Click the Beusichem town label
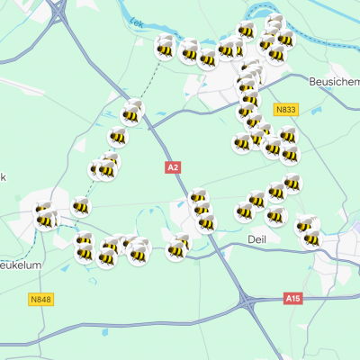click(x=332, y=80)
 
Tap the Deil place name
click(x=256, y=238)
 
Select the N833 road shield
click(x=286, y=110)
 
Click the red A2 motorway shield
click(x=174, y=166)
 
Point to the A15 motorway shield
click(x=292, y=298)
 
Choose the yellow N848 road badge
click(x=40, y=299)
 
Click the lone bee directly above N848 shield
click(x=45, y=219)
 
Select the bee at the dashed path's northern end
click(x=165, y=47)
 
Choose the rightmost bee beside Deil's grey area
click(x=311, y=238)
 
